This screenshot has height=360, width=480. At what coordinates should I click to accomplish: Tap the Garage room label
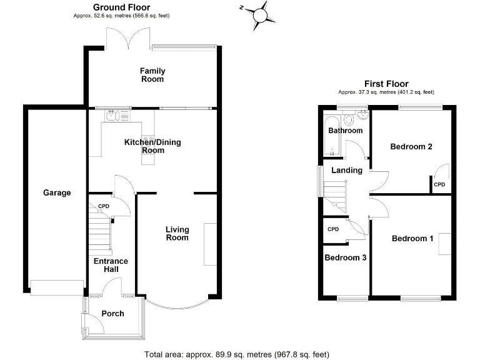[57, 193]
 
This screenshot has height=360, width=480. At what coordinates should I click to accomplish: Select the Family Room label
[152, 75]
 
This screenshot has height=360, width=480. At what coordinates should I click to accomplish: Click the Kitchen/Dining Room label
[152, 146]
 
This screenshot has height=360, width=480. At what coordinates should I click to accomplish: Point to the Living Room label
[177, 234]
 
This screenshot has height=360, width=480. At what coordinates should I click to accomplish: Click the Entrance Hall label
[111, 265]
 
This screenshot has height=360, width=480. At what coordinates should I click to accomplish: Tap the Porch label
[112, 314]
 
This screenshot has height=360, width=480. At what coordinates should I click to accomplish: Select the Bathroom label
[346, 131]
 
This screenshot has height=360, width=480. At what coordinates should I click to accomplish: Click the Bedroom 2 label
[411, 147]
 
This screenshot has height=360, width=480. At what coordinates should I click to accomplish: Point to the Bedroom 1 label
[412, 238]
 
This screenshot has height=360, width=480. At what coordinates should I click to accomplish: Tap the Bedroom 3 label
[345, 257]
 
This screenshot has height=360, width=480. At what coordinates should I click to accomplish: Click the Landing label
[347, 170]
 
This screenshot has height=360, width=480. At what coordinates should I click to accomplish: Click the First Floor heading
[386, 84]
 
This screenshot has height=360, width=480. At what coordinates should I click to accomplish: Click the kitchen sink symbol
[110, 116]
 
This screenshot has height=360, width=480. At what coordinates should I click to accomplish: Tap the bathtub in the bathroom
[328, 135]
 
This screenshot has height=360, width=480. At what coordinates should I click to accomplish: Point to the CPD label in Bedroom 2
[439, 184]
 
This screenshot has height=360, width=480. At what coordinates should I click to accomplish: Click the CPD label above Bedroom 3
[333, 229]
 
